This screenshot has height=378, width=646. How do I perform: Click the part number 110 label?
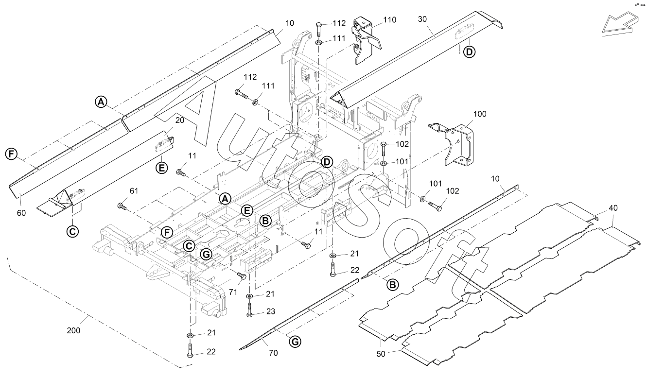coord(389,20)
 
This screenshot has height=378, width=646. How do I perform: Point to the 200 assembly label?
coord(74,330)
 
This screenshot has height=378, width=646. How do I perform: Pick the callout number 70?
coord(273,353)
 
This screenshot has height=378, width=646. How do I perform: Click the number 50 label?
coord(381,354)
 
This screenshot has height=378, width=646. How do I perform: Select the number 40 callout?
coord(613,207)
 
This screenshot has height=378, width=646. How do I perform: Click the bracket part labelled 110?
coord(366,41)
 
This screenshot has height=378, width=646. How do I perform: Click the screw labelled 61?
coord(122,206)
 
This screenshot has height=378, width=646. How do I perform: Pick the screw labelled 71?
coord(241,276)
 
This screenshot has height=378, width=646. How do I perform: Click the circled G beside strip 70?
coord(295,342)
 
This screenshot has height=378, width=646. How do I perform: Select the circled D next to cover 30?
coord(468,52)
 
